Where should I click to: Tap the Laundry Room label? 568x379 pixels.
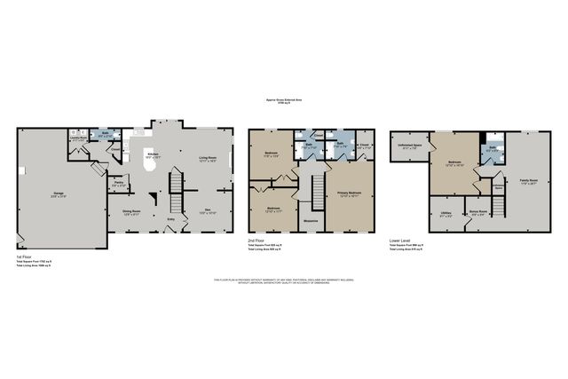point(77,138)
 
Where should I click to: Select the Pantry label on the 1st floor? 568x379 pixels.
point(118,184)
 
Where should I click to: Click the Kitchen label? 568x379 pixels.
point(152,154)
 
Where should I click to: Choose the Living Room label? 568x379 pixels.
point(208,157)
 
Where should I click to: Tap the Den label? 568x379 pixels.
point(207,210)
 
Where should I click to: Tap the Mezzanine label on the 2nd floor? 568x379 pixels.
point(311,219)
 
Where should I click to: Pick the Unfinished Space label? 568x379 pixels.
point(409,146)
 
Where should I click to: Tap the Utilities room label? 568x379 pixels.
point(446,212)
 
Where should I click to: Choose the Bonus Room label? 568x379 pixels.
point(477,212)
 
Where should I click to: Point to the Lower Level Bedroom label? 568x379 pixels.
point(454,162)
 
